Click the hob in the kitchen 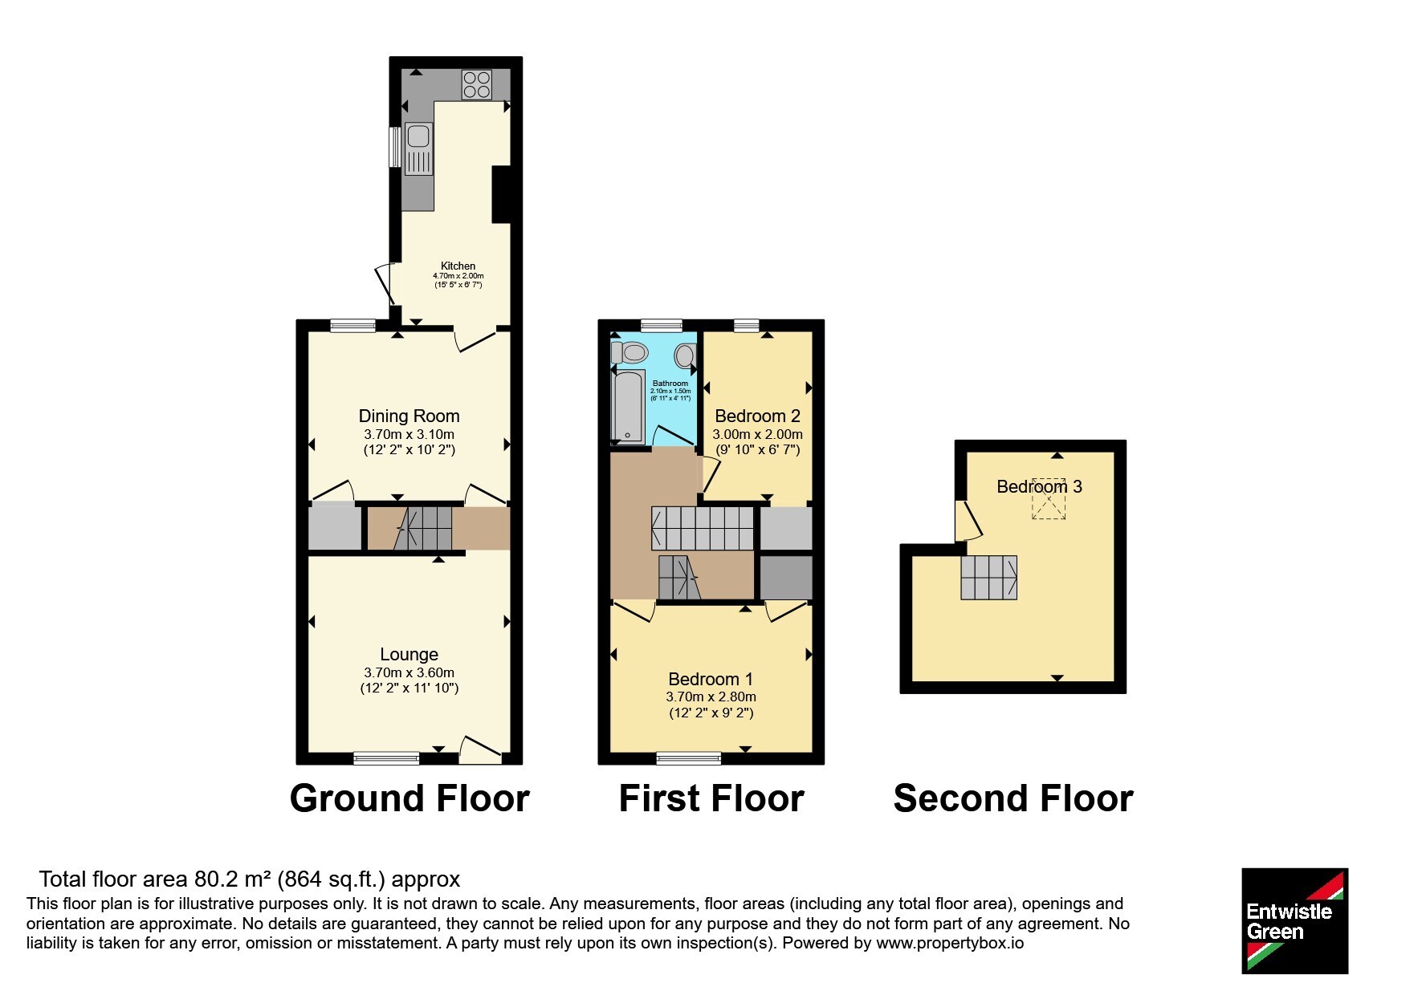476,84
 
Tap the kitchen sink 418,148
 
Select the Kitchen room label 458,266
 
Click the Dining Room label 409,416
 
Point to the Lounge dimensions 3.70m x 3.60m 409,672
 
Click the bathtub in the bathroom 628,406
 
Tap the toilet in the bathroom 629,352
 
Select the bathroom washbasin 685,355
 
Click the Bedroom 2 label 757,416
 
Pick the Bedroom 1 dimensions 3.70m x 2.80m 711,696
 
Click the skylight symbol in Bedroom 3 1049,499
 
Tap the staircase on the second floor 989,578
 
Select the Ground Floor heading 409,798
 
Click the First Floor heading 711,798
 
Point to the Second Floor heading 1013,798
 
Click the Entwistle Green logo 1294,921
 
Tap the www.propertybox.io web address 950,944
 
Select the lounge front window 387,757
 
